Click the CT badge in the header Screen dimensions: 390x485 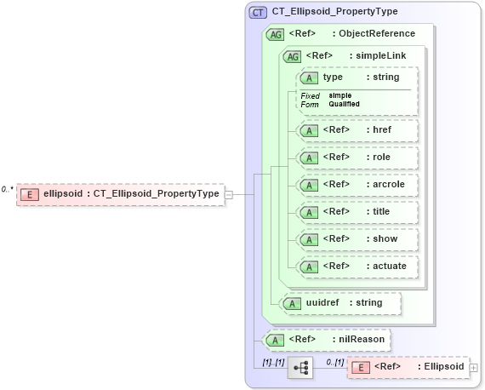pos(257,13)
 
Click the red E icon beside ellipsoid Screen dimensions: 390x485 pos(30,194)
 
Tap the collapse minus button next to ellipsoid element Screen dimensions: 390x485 pos(229,194)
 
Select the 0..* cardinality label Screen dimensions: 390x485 pos(8,189)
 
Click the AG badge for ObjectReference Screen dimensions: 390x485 pos(275,34)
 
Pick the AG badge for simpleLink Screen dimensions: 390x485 pos(292,56)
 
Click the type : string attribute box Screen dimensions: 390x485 pos(357,77)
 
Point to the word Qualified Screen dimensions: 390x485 pos(344,104)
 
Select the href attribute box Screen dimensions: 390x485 pos(357,130)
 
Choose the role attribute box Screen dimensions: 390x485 pos(357,158)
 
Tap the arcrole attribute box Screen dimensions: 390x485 pos(357,185)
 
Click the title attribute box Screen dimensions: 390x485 pos(357,212)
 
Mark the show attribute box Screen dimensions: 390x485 pos(357,239)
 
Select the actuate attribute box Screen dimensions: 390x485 pos(357,267)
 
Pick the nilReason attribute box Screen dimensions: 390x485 pos(328,340)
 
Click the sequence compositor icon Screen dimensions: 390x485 pos(300,368)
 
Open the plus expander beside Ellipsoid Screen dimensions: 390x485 pos(474,368)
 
